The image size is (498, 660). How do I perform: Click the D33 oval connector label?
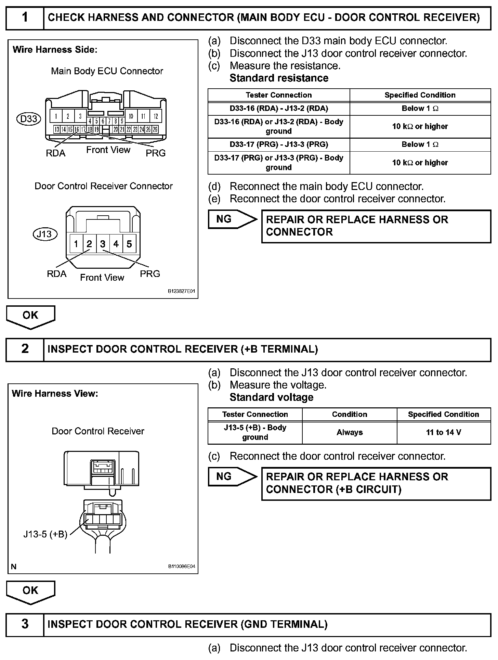[x=29, y=119]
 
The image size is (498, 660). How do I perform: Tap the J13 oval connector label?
[x=44, y=234]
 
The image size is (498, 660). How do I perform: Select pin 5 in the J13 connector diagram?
[x=129, y=244]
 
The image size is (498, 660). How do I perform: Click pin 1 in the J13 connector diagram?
[x=76, y=244]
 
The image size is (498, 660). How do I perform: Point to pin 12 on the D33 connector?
[x=156, y=116]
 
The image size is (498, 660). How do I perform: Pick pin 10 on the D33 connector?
[x=131, y=116]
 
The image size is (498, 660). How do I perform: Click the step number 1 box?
[x=25, y=17]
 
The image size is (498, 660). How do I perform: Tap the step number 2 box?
[x=25, y=349]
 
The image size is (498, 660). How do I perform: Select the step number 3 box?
[x=25, y=624]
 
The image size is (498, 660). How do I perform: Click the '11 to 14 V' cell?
[x=444, y=432]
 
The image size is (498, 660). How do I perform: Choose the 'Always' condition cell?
[x=349, y=432]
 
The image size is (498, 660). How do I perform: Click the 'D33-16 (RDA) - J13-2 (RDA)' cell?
[x=279, y=109]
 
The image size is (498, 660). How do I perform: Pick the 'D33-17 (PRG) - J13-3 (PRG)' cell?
[x=279, y=144]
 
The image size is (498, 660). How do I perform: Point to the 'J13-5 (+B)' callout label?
[x=45, y=534]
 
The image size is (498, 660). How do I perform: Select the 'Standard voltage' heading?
[x=271, y=397]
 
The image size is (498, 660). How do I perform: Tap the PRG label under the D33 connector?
[x=156, y=153]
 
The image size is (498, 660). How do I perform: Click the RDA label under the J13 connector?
[x=57, y=274]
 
